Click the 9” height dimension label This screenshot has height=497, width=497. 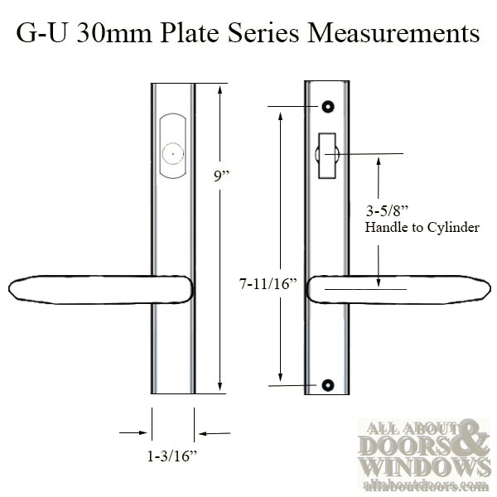pos(220,175)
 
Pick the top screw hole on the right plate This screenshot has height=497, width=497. pos(329,108)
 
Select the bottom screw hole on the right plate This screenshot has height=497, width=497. pos(329,385)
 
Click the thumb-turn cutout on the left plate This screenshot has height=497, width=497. pos(174,146)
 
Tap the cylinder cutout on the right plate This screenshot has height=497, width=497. pos(326,152)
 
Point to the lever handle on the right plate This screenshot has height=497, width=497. pos(398,289)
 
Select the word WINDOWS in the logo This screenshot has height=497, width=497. pos(415,467)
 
